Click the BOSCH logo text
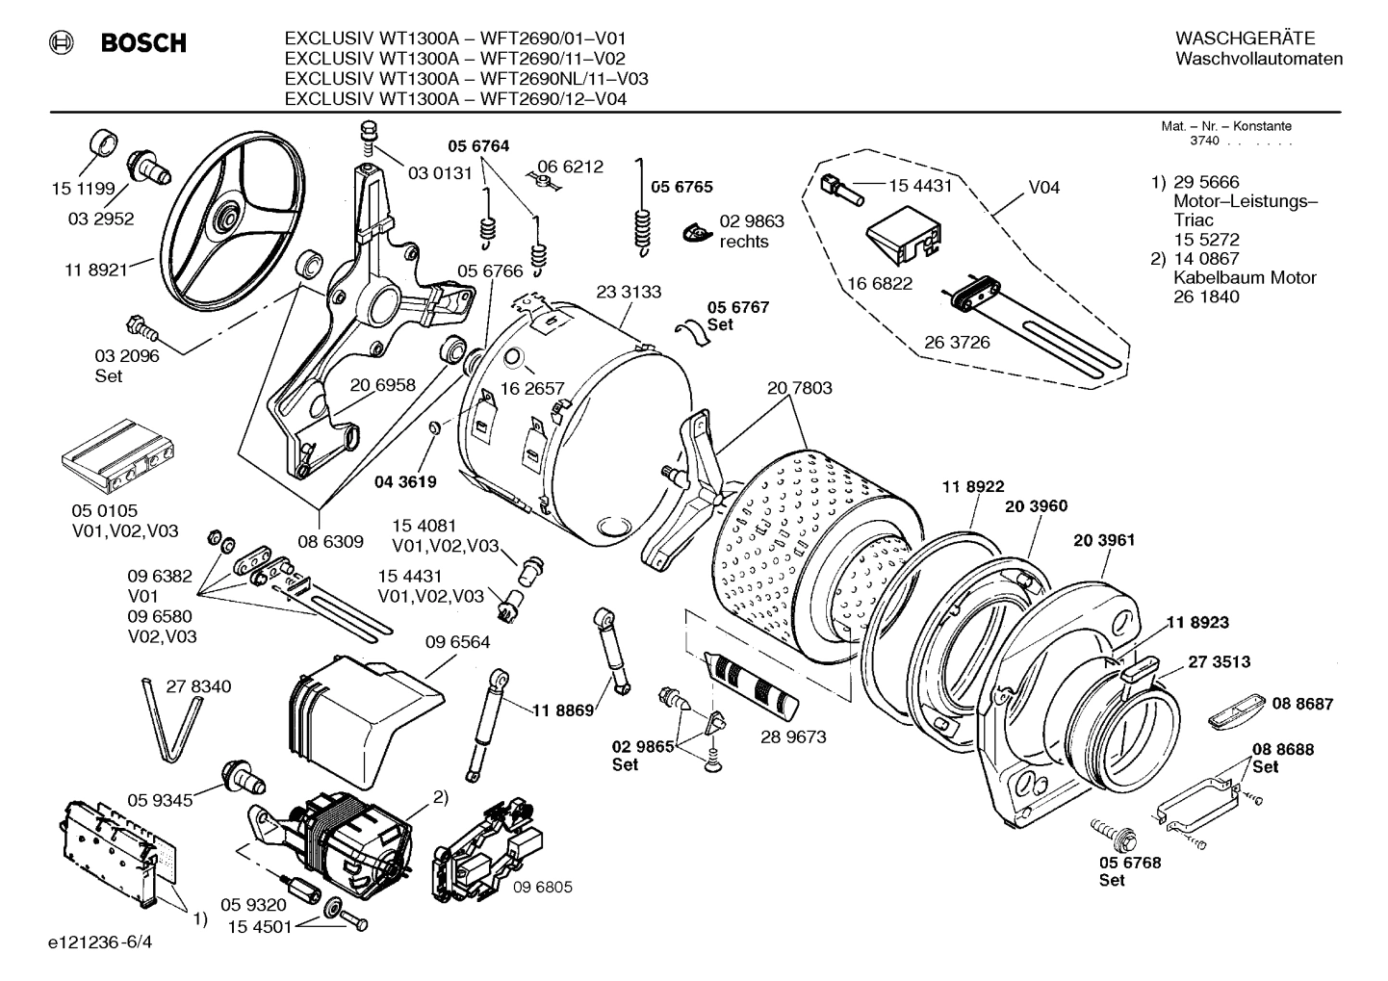coord(143,43)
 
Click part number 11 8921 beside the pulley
coord(96,271)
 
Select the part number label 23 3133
coord(629,292)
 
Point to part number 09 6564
coord(457,642)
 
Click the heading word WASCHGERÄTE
coord(1245,39)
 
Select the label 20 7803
coord(799,388)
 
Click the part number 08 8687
coord(1302,704)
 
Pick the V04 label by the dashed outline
coord(1044,187)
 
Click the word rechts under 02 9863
coord(744,242)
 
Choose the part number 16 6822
coord(880,284)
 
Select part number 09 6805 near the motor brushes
coord(542,887)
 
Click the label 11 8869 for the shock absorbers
coord(563,710)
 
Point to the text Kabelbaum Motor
coord(1245,277)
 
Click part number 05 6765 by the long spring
coord(681,187)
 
